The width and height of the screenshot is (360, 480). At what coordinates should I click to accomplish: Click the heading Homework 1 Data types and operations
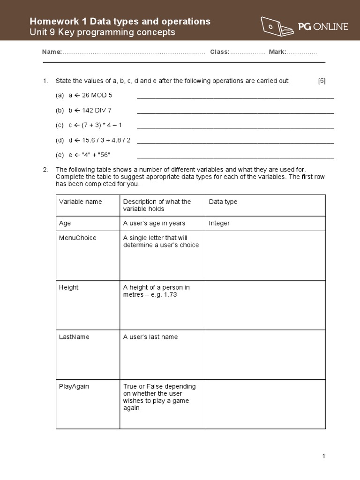(x=120, y=21)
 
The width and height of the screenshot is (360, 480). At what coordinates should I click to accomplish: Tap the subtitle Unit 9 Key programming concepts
(x=102, y=32)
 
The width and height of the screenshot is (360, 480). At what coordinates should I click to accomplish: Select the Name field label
(x=52, y=52)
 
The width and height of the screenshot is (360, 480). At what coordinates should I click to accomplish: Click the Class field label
(x=219, y=52)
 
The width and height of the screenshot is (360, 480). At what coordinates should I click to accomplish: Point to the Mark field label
(x=277, y=52)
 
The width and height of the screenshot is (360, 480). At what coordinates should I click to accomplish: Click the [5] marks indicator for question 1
(x=322, y=81)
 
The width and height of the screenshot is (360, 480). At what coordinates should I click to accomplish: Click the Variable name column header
(x=80, y=202)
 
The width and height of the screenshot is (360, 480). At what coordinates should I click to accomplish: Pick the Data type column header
(x=223, y=202)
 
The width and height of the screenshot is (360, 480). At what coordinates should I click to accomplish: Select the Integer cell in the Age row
(x=219, y=223)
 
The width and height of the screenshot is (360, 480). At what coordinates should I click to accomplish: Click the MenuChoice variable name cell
(x=78, y=238)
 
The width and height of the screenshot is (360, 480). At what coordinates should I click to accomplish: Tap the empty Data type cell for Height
(x=265, y=305)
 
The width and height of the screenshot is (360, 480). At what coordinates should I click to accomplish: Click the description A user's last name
(x=150, y=337)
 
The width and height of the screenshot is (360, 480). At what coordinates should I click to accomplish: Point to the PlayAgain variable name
(x=74, y=386)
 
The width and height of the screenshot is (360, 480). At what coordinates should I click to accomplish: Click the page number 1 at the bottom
(x=323, y=456)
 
